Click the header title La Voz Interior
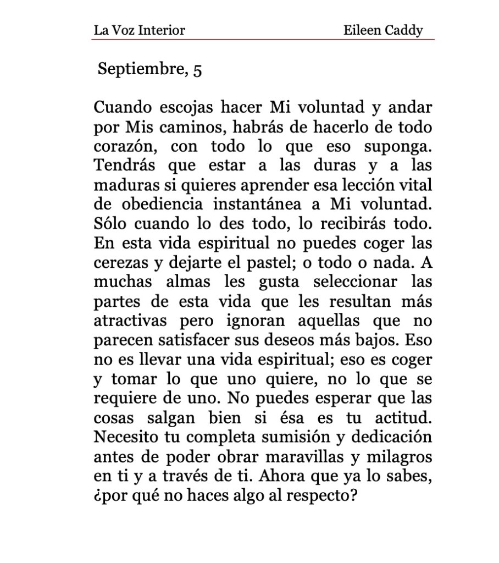[x=139, y=30]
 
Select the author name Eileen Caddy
[x=383, y=30]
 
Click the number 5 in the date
[x=197, y=70]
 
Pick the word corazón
[x=123, y=146]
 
